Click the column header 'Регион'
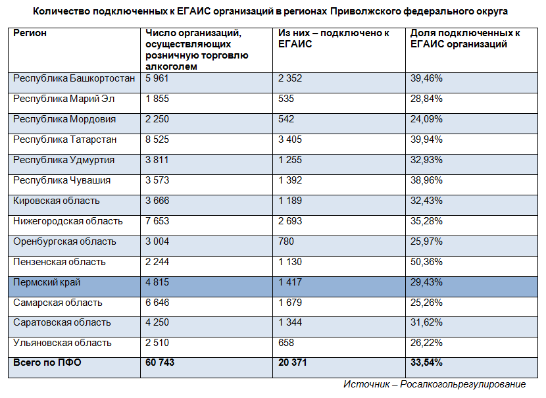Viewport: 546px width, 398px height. coord(30,33)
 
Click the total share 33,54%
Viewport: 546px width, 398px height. coord(426,363)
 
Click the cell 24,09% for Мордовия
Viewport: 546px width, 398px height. coord(426,120)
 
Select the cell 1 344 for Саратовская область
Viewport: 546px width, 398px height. coord(290,323)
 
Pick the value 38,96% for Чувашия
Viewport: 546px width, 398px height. coord(426,181)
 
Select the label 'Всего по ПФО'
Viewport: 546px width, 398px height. coord(47,363)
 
